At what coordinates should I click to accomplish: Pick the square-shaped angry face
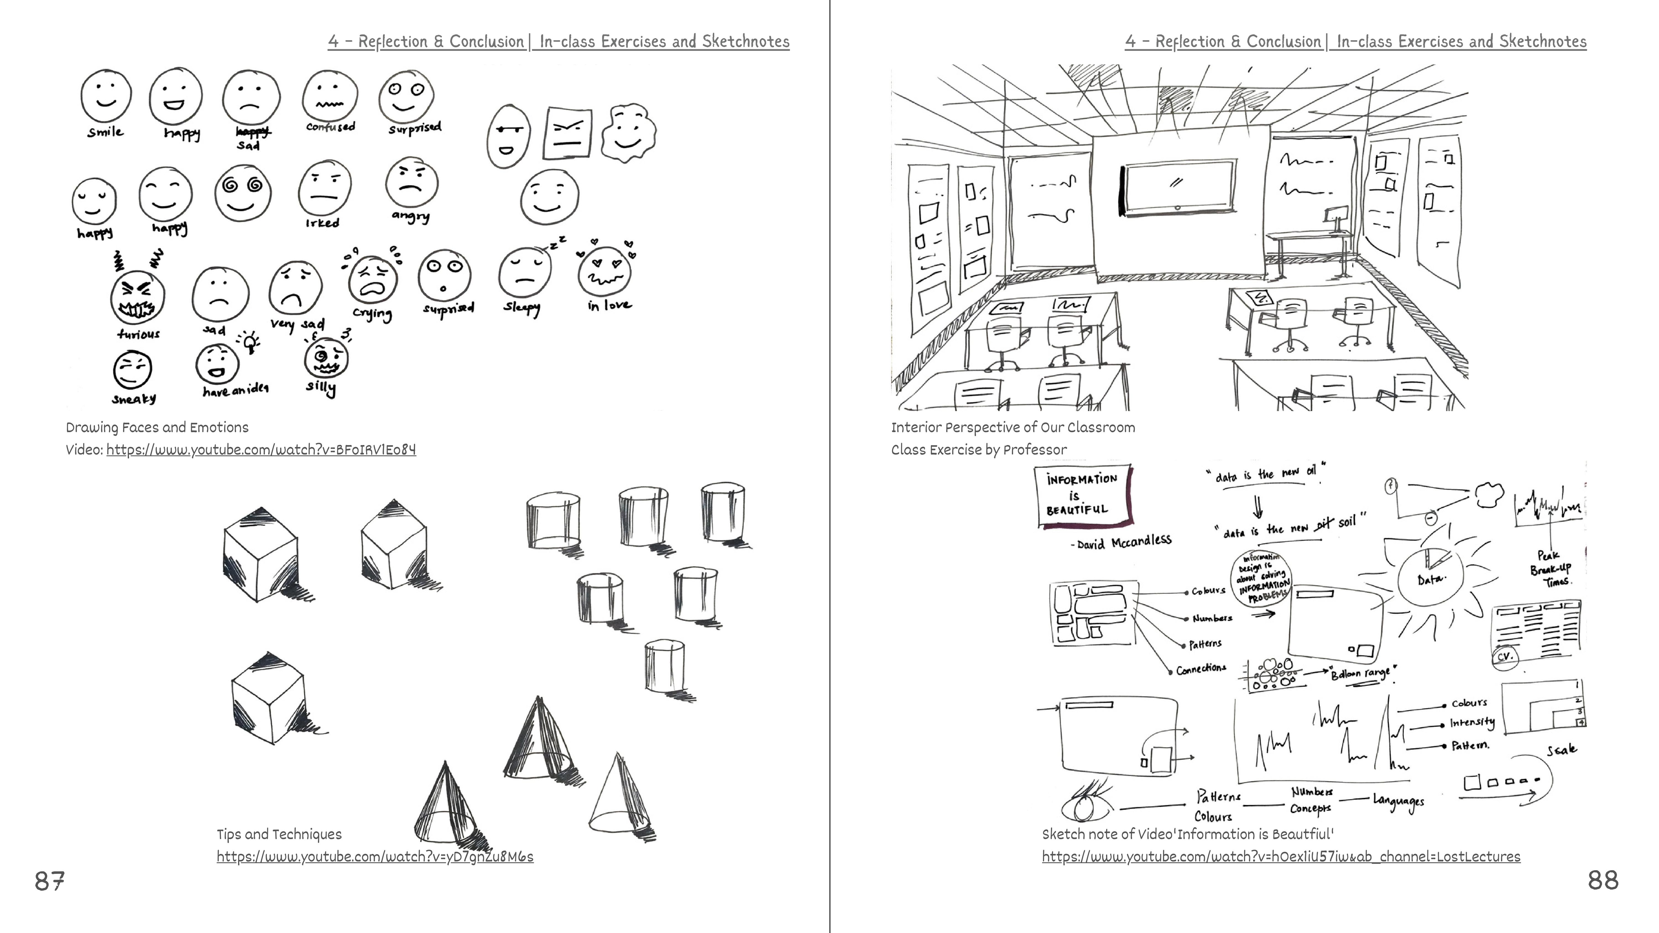[x=567, y=133]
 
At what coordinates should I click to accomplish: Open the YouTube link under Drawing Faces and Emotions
[x=261, y=449]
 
